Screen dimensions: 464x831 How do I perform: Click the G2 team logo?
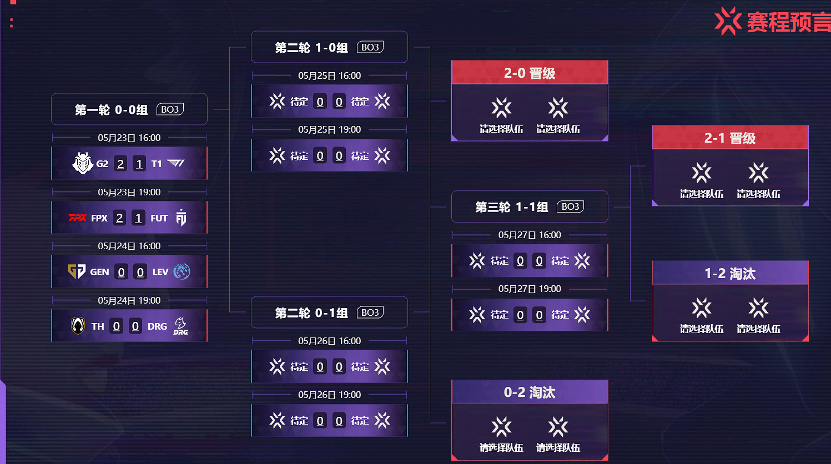point(83,163)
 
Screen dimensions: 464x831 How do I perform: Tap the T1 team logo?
point(176,163)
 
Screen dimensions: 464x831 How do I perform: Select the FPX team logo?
point(77,218)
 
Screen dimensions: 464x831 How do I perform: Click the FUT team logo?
point(181,218)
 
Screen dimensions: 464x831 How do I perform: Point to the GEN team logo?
point(76,271)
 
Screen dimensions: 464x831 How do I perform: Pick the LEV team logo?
point(182,271)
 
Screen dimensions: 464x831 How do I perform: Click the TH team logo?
point(78,326)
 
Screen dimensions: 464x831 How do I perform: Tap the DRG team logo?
point(180,326)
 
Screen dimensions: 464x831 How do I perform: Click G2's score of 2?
point(120,164)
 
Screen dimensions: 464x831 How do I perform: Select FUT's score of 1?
point(139,218)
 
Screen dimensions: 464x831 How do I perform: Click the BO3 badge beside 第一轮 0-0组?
point(170,109)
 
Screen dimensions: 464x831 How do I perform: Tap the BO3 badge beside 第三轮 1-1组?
point(570,206)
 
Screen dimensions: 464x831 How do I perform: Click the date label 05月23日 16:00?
point(129,138)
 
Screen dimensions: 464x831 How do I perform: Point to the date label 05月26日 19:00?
point(329,395)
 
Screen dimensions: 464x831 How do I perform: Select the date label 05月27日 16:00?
point(530,235)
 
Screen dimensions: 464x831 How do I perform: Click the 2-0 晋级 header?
point(530,73)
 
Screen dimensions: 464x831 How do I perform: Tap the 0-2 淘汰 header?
point(530,392)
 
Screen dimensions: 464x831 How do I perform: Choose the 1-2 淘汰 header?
point(730,274)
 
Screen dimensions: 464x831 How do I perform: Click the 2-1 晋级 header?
point(730,138)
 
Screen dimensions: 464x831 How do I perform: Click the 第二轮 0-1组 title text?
point(311,313)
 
